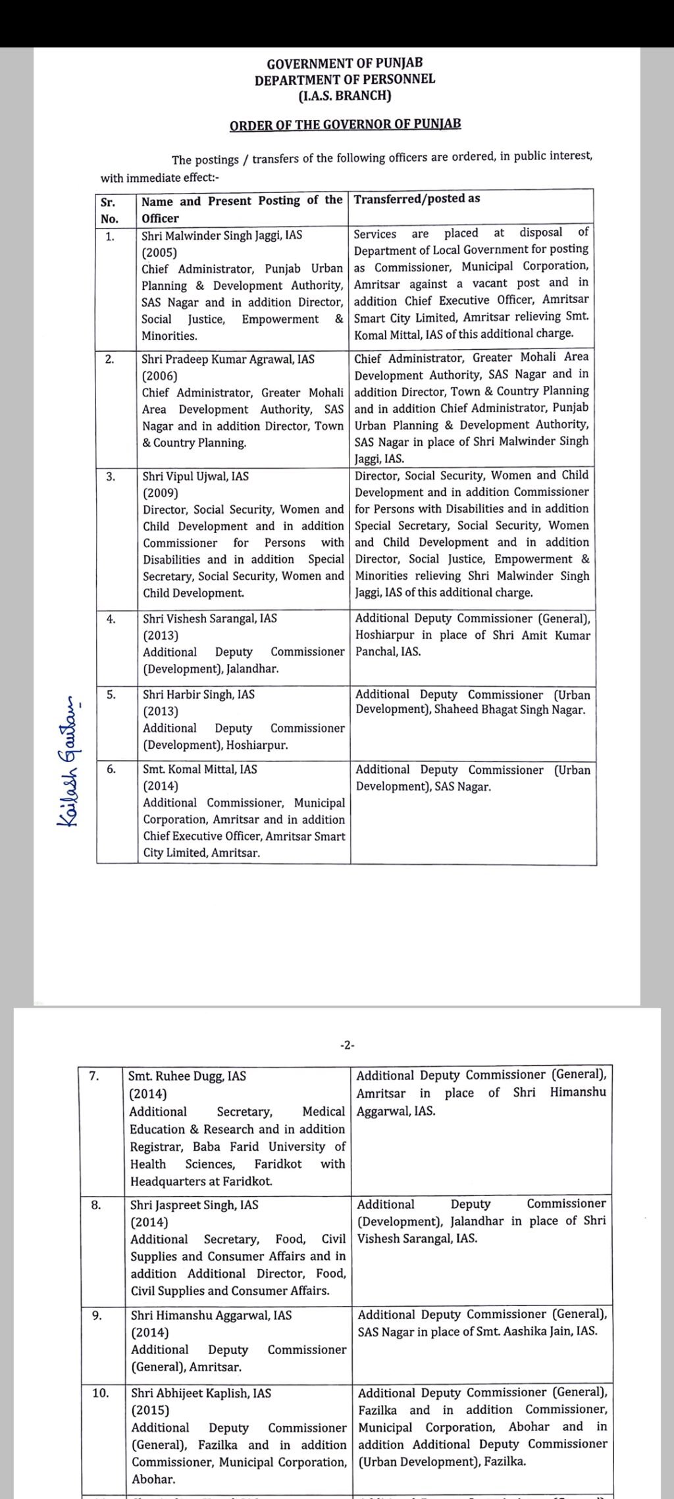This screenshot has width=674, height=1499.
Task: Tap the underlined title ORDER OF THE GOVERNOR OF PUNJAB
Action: (345, 124)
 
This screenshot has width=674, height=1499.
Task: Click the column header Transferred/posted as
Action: (417, 198)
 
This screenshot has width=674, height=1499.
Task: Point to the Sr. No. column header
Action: (109, 210)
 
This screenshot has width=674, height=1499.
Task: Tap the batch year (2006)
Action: (159, 376)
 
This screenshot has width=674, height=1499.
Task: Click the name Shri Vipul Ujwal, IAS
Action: (195, 476)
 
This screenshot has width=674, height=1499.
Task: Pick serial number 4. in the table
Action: (111, 618)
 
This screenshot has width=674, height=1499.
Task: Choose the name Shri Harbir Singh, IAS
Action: (199, 694)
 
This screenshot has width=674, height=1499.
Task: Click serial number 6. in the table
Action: (111, 769)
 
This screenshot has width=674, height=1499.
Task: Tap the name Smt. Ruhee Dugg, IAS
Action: (187, 1076)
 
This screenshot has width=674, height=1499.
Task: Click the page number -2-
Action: (347, 1045)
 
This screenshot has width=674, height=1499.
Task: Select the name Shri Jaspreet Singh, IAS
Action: (194, 1205)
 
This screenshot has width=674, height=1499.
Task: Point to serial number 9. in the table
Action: (97, 1315)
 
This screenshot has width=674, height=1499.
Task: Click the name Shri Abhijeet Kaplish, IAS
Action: (201, 1393)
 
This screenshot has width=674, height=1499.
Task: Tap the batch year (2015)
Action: (150, 1410)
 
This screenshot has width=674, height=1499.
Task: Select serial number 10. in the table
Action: (100, 1393)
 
